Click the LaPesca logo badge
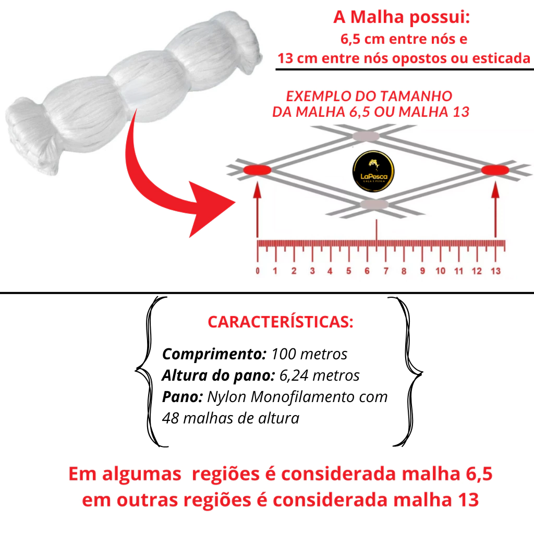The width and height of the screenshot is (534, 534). [373, 171]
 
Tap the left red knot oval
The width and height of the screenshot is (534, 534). [257, 169]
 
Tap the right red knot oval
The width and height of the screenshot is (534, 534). [495, 169]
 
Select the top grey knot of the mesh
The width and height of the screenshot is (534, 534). [366, 136]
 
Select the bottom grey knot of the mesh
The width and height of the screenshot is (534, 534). [374, 204]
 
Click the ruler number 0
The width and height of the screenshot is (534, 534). [258, 271]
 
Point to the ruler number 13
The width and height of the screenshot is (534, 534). [495, 271]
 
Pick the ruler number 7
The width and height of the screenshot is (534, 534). [385, 271]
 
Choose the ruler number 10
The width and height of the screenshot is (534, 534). [440, 271]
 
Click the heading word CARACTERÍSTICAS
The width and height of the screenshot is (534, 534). [280, 322]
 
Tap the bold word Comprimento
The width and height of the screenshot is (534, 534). [214, 354]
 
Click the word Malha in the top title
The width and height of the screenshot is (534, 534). [377, 17]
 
